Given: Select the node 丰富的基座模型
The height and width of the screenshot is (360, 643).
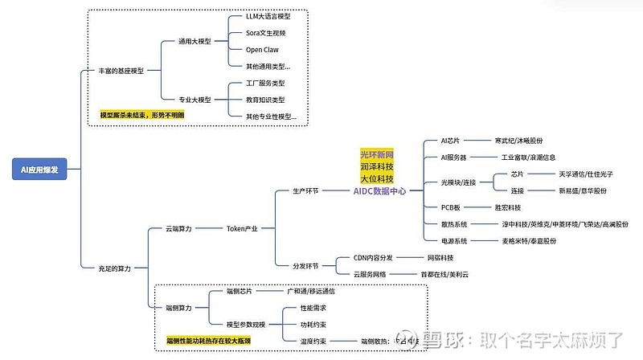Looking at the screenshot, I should pos(121,71).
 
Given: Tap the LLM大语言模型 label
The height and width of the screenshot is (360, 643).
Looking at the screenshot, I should pos(268,16).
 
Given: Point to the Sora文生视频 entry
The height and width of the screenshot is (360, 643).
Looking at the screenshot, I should pos(266,33).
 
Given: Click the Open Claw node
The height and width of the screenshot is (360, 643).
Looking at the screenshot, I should pos(262,50).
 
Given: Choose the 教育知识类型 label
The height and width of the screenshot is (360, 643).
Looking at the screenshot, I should pos(265,100).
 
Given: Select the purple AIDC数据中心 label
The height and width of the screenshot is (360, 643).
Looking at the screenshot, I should pos(380,191).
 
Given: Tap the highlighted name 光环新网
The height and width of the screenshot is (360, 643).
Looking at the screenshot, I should pos(377,153).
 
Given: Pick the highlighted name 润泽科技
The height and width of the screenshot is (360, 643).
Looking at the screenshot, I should pos(377,166).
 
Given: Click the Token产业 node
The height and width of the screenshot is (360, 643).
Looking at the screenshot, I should pos(242,229).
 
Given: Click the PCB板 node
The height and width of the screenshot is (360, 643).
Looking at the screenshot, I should pos(453,207).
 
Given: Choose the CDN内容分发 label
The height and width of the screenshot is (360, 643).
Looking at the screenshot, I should pos(374,258).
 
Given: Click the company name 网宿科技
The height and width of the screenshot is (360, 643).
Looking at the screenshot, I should pos(440,258).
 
